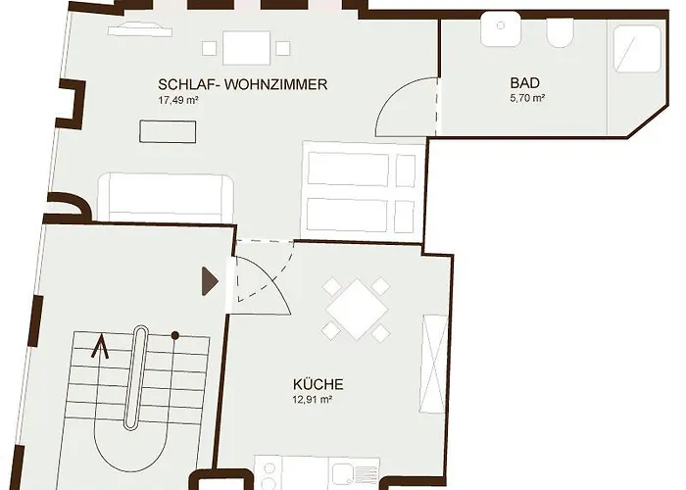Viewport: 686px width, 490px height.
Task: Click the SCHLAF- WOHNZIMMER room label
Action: [x=242, y=85]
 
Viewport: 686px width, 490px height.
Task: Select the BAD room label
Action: [x=525, y=83]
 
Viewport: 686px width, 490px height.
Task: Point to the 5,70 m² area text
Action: [x=527, y=99]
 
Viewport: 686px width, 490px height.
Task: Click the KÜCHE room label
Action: [x=318, y=385]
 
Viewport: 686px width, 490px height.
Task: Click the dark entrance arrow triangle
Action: [x=209, y=281]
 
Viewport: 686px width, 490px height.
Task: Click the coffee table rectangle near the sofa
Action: [x=167, y=130]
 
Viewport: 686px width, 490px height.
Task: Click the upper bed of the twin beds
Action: [x=360, y=169]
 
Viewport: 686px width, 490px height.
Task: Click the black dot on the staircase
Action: [x=175, y=336]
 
